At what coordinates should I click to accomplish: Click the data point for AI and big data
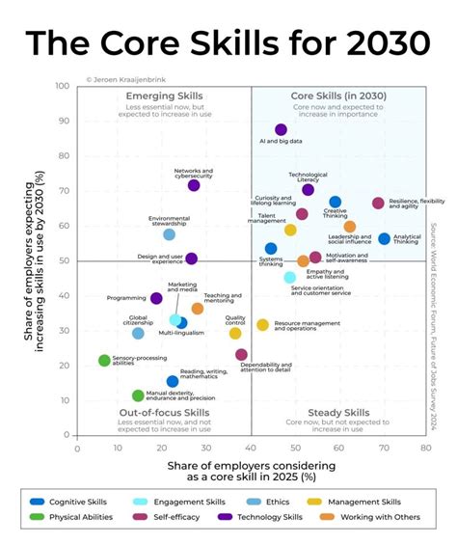click(281, 129)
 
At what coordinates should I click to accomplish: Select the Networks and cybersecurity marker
click(194, 185)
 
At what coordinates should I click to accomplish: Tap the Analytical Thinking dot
click(385, 238)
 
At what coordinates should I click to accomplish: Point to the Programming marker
click(157, 299)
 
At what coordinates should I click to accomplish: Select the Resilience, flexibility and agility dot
click(378, 204)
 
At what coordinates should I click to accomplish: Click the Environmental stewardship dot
click(170, 234)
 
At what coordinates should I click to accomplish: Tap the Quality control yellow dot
click(235, 334)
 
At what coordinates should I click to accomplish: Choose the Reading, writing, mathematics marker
click(173, 381)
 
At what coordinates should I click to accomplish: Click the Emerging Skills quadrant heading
click(164, 96)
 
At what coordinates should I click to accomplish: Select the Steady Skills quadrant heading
click(337, 413)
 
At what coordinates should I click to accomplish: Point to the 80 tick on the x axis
click(424, 448)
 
